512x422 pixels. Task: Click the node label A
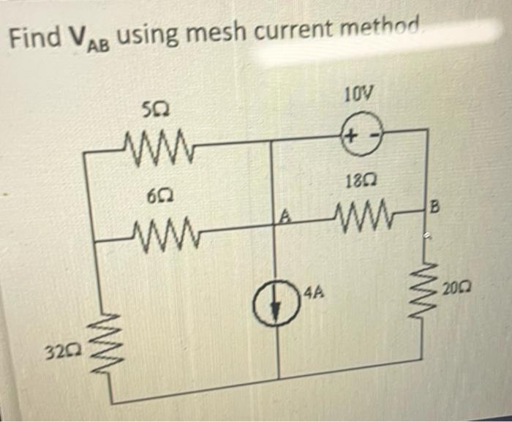click(287, 215)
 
